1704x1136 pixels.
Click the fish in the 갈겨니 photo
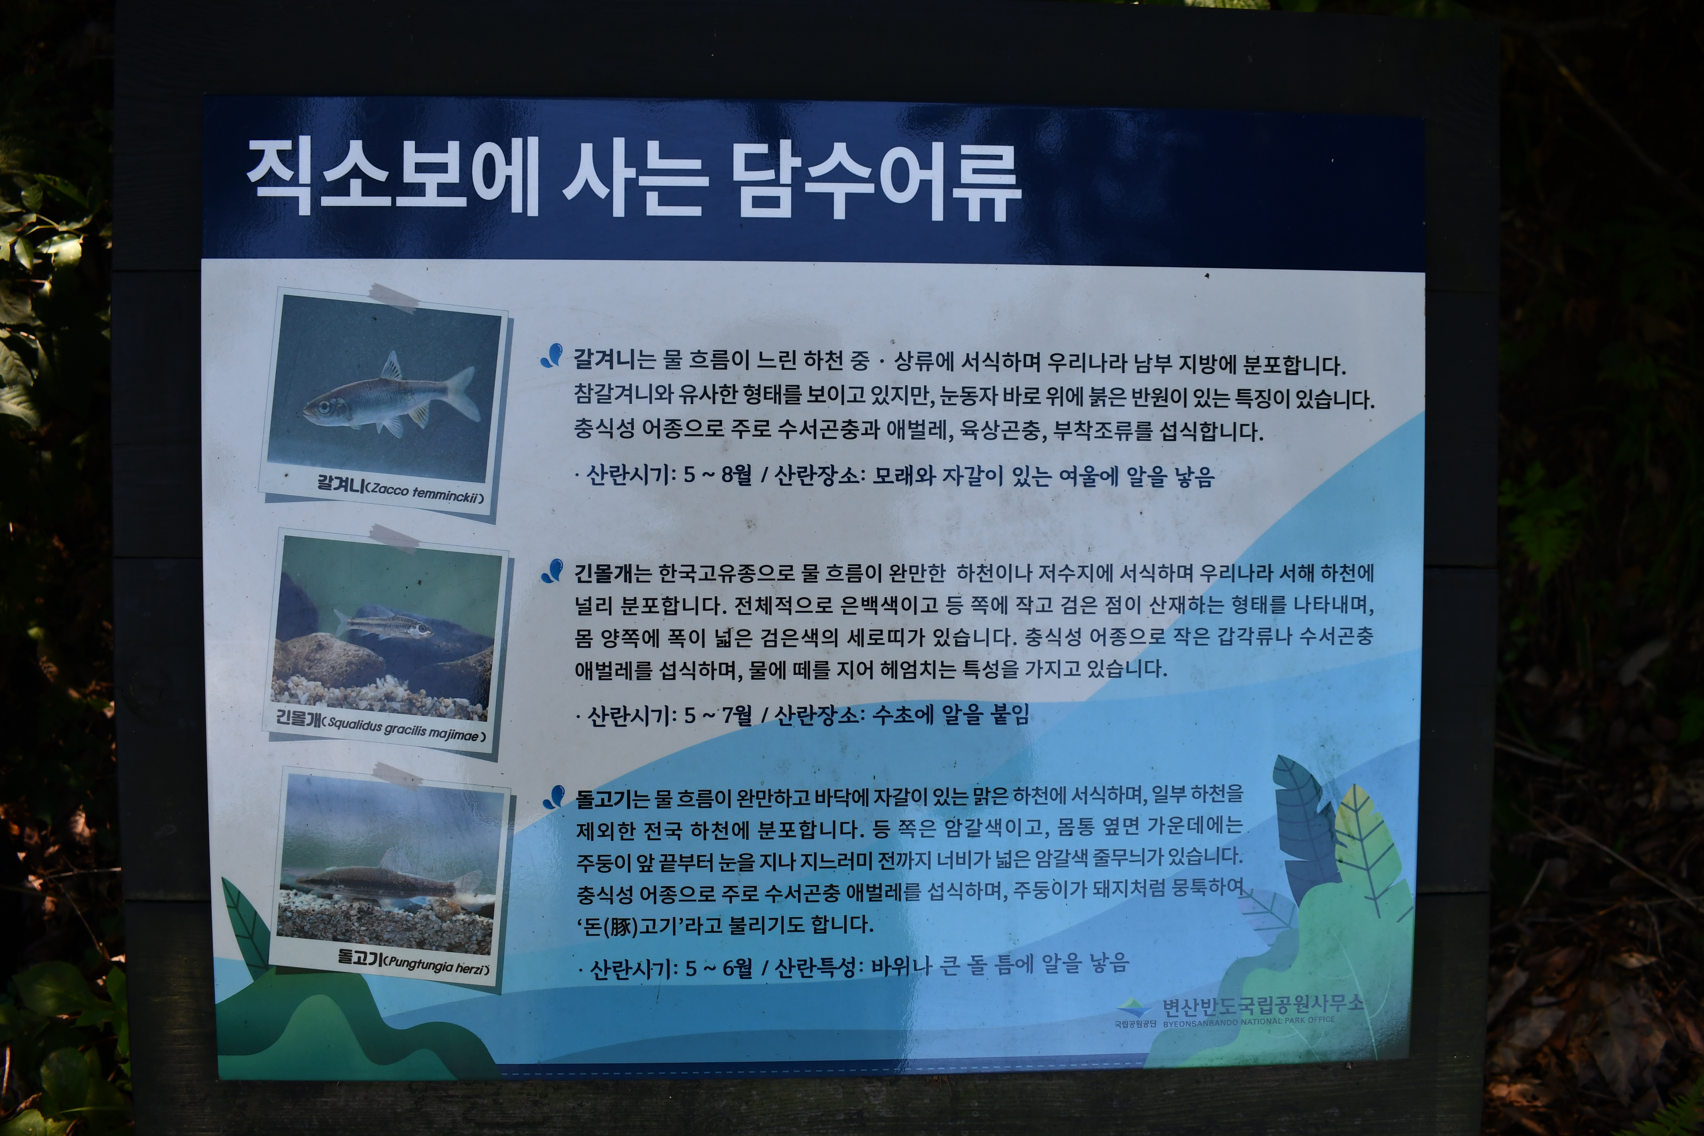point(391,397)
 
